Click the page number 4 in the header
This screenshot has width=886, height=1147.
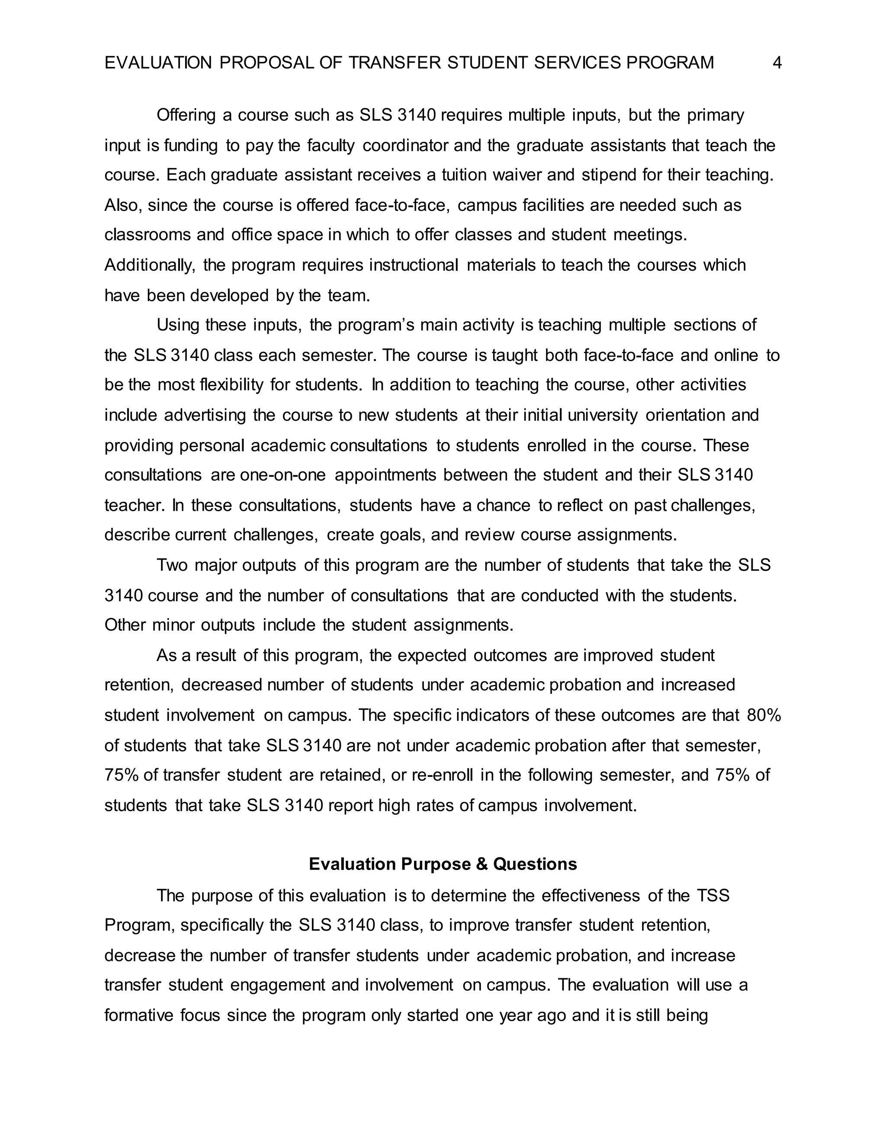coord(777,63)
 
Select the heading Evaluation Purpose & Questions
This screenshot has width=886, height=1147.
coord(443,864)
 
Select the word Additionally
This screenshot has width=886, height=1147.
coord(149,265)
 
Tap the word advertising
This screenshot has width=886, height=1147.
coord(205,416)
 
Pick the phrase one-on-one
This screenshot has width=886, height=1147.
coord(282,475)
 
